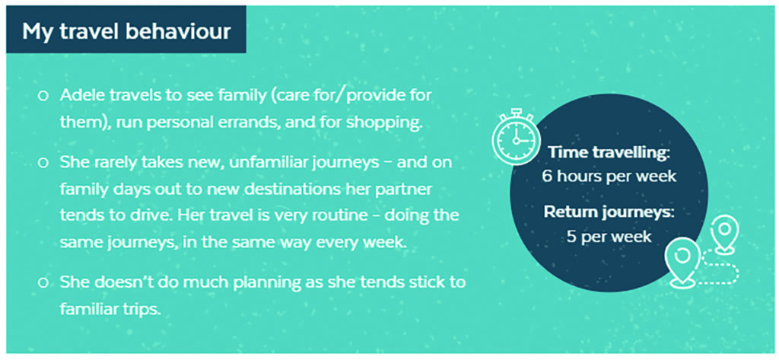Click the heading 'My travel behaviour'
pos(126,31)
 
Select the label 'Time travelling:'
pos(609,152)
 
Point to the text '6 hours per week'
pos(609,176)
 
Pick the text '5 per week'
pos(609,236)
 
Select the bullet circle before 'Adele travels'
pos(43,95)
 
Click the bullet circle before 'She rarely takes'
pos(43,163)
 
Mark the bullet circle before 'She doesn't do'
pos(43,283)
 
